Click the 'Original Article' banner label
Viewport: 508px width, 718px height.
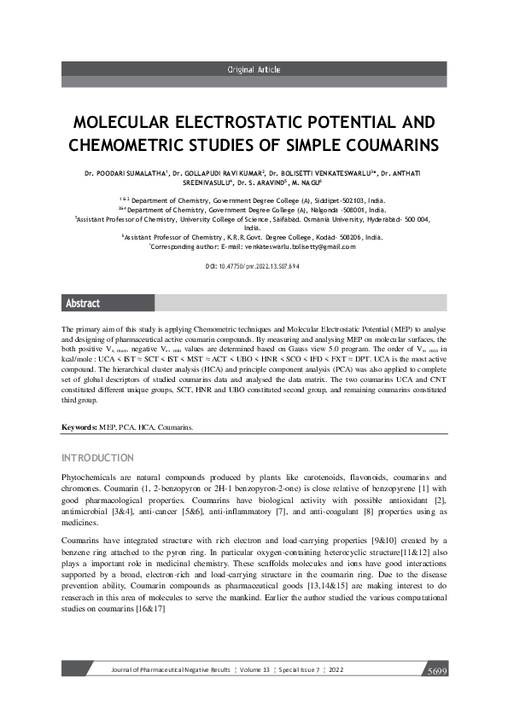254,70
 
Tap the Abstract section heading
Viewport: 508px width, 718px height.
83,303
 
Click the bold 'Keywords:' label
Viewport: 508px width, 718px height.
80,426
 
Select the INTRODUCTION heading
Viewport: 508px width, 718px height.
98,458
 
